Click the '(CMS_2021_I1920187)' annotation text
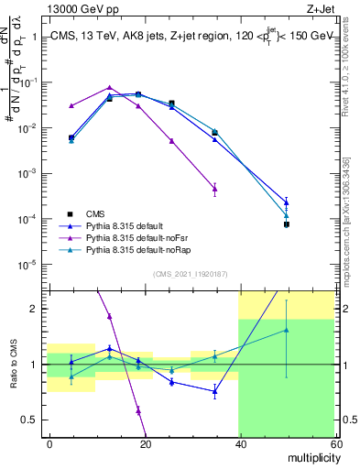point(190,274)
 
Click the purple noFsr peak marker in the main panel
point(109,87)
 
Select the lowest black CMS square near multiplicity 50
point(286,224)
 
